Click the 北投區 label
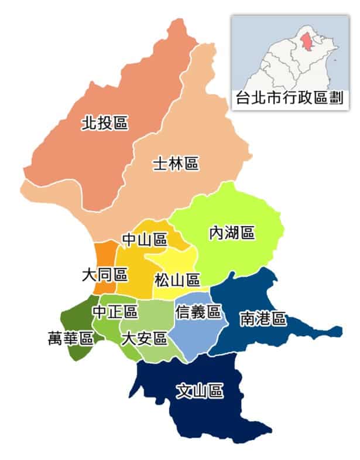pos(105,123)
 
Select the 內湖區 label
pos(232,233)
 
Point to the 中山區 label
pos(145,239)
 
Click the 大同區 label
pos(105,274)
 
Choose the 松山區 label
pos(177,280)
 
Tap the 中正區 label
pos(115,311)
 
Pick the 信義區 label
pos(198,312)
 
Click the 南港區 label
pos(263,319)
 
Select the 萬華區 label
pos(71,338)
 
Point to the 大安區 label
pos(143,338)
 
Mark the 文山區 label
pos(200,391)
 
